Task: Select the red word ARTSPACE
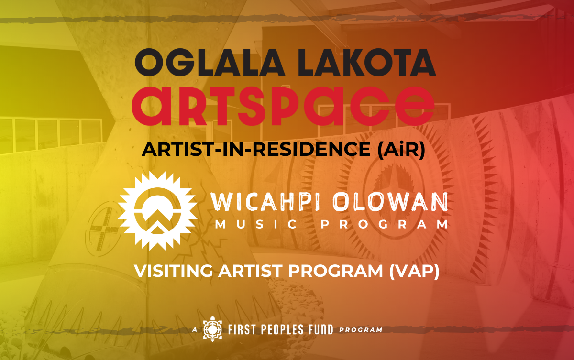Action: coord(283,103)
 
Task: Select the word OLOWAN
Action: coord(393,202)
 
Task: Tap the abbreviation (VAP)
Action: coord(415,271)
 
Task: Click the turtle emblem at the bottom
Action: coord(212,329)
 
